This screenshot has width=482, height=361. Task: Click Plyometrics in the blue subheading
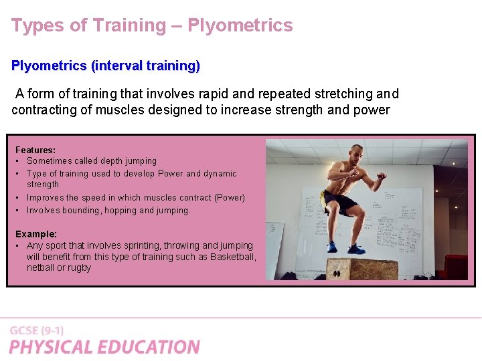pyautogui.click(x=49, y=66)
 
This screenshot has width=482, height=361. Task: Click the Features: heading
pyautogui.click(x=35, y=150)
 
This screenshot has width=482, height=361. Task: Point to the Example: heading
pyautogui.click(x=36, y=235)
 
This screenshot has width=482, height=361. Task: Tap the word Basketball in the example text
pyautogui.click(x=232, y=257)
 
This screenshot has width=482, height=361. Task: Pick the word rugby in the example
pyautogui.click(x=78, y=268)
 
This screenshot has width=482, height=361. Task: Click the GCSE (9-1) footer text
pyautogui.click(x=37, y=330)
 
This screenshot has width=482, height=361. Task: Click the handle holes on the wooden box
pyautogui.click(x=339, y=273)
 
